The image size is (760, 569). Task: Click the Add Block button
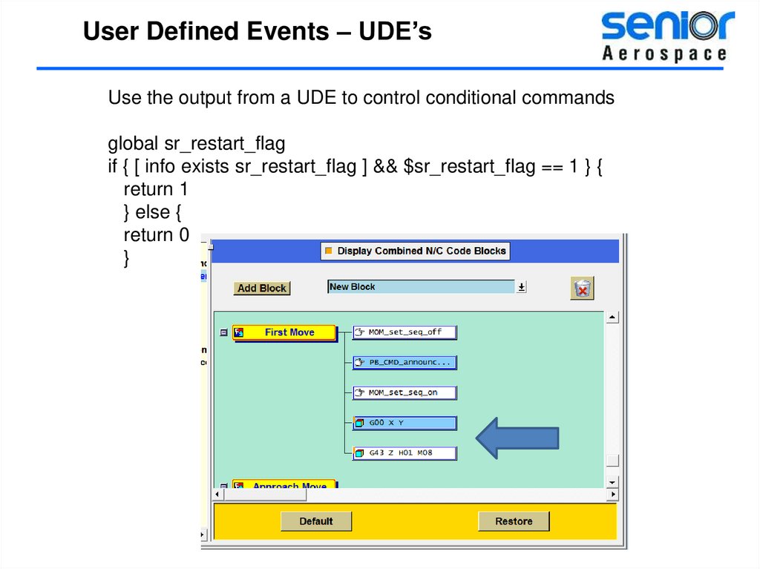(x=262, y=289)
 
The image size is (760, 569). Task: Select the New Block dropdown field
(x=421, y=287)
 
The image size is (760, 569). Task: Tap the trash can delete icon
(x=583, y=289)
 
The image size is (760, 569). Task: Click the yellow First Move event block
(x=284, y=333)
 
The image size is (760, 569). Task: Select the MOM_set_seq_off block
(x=404, y=332)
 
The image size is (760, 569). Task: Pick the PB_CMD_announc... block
(x=404, y=363)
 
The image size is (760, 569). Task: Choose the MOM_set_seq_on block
(x=404, y=392)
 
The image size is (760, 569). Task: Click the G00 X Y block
(x=404, y=423)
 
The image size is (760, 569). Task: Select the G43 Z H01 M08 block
(x=404, y=453)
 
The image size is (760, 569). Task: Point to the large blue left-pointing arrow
(x=517, y=438)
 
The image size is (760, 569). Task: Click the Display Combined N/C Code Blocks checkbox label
(x=421, y=251)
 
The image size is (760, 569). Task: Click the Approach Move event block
(x=284, y=485)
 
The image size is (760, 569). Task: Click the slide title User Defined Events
(x=257, y=32)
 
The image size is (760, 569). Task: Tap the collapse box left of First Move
(x=223, y=333)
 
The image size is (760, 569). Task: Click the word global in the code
(x=134, y=143)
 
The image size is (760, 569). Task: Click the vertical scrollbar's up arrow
(x=612, y=318)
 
